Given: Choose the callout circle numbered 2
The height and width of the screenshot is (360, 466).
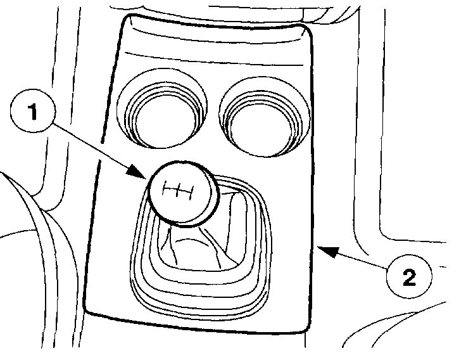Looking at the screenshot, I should (x=408, y=278).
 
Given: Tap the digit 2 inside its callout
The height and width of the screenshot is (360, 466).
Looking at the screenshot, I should (x=408, y=278).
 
